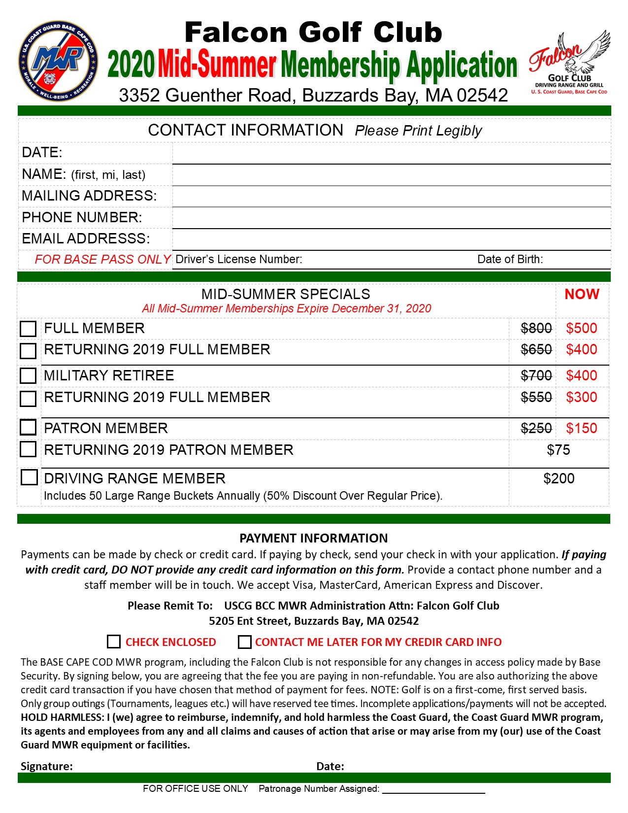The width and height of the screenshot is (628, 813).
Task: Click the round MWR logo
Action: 58,61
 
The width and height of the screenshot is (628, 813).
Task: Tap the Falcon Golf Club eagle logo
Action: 569,62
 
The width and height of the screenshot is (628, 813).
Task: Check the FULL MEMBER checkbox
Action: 28,329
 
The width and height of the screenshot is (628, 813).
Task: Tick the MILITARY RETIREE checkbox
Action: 28,375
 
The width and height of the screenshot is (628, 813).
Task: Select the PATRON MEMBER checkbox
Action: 28,427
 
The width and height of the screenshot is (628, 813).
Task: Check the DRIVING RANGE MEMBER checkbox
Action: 29,477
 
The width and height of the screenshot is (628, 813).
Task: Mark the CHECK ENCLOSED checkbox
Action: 114,642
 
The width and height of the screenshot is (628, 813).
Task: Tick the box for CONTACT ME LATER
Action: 244,642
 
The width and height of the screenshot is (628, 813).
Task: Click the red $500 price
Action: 581,328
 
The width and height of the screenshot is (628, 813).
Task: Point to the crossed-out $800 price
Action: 536,328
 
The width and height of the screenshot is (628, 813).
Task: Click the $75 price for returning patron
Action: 559,450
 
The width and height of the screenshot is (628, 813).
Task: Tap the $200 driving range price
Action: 559,478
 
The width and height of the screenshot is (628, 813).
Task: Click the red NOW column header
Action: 582,294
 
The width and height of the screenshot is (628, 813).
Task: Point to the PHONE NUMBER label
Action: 82,217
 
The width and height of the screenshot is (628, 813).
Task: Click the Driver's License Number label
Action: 239,259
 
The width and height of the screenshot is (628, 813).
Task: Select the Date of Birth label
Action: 510,259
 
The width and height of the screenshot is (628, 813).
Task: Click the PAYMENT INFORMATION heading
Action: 314,538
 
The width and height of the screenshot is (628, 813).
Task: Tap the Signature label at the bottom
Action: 47,766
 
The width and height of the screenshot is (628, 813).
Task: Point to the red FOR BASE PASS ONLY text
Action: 102,259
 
